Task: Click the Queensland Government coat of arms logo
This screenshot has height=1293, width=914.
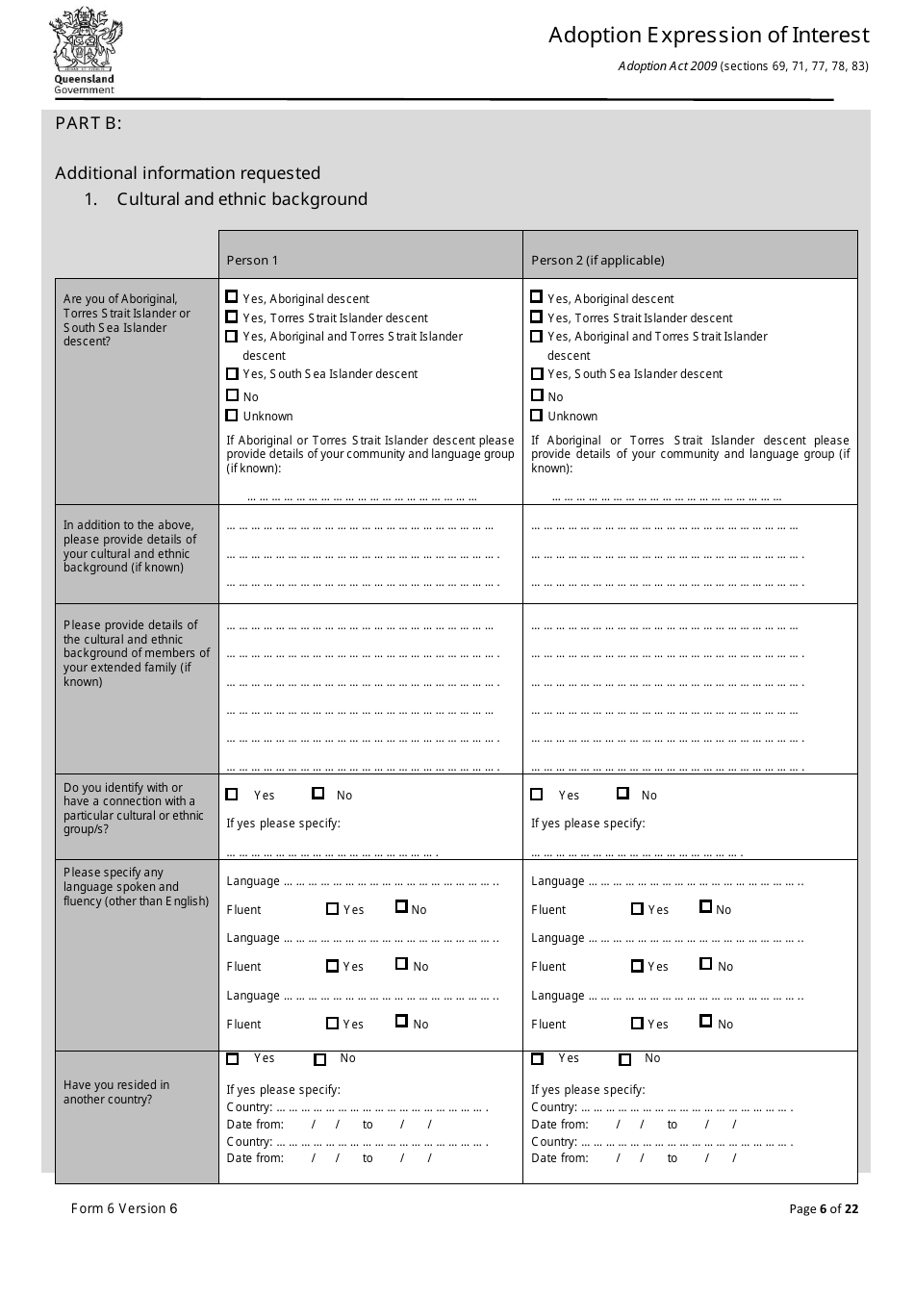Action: click(x=86, y=51)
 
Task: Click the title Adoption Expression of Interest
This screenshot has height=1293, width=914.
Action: click(x=708, y=36)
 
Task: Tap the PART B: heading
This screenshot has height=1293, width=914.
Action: click(x=89, y=123)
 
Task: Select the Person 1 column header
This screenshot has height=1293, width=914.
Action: click(x=252, y=260)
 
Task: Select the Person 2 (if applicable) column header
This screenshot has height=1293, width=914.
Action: click(x=597, y=260)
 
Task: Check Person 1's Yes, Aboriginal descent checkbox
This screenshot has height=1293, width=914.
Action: click(x=232, y=297)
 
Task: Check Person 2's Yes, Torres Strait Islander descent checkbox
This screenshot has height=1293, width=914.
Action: click(x=537, y=317)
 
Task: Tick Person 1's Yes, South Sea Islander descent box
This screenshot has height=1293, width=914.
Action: click(x=232, y=373)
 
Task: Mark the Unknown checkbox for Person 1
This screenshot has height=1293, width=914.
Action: click(x=232, y=416)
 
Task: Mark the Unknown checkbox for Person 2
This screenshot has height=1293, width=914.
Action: click(x=537, y=416)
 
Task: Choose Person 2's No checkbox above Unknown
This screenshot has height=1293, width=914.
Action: click(x=537, y=395)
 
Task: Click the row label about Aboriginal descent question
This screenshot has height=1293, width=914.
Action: click(x=127, y=320)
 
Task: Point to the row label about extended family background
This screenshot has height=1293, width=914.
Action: click(x=136, y=653)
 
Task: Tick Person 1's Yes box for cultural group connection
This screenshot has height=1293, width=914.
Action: click(x=232, y=795)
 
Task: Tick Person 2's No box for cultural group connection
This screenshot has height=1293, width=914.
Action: click(x=623, y=794)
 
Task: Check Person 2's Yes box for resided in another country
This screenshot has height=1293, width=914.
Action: click(x=538, y=1059)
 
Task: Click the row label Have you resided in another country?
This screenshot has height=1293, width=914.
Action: click(x=116, y=1092)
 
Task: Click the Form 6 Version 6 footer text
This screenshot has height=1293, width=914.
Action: click(x=124, y=1208)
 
